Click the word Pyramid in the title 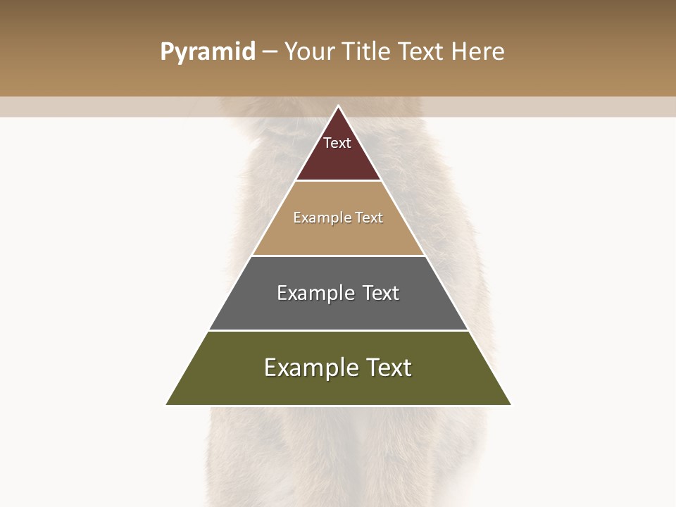(207, 51)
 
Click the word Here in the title (478, 51)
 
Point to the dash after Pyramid (270, 52)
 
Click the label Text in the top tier (337, 143)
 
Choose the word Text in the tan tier (370, 218)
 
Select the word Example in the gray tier (315, 293)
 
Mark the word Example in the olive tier (311, 368)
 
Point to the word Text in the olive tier (389, 368)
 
